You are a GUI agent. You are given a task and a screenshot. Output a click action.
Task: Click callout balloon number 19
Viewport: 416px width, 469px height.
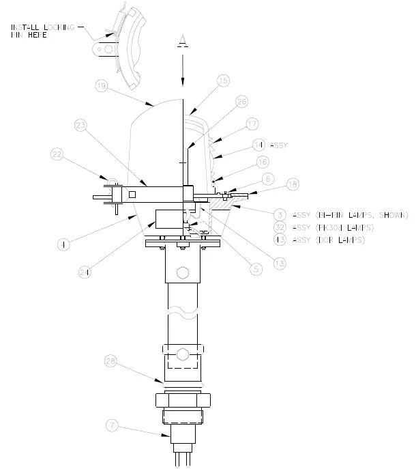[101, 86]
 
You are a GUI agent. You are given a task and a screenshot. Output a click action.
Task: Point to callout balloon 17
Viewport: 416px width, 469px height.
[253, 124]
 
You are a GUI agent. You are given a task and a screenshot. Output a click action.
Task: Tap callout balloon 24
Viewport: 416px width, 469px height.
[85, 271]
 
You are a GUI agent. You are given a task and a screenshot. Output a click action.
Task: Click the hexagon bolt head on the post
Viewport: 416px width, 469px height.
[181, 274]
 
